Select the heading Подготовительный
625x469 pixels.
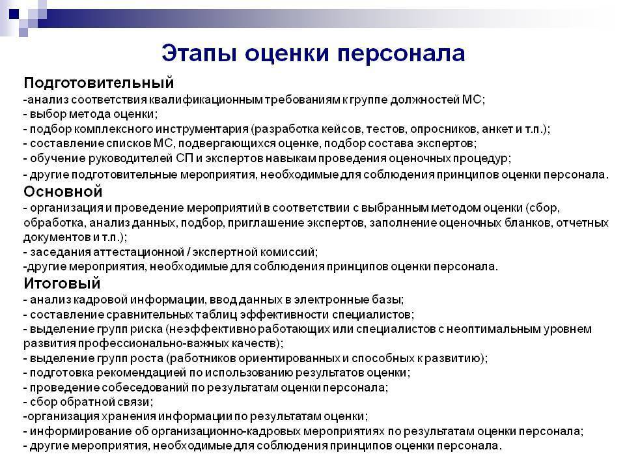pos(99,83)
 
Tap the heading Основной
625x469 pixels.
pos(63,192)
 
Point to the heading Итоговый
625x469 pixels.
pos(62,283)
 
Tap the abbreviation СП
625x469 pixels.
pos(184,158)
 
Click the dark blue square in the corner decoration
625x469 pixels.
pos(14,14)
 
